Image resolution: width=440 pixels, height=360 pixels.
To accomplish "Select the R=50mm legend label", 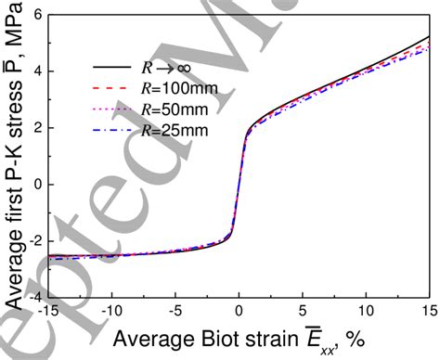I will pyautogui.click(x=175, y=109).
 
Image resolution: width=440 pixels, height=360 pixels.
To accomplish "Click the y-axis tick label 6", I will pyautogui.click(x=32, y=15).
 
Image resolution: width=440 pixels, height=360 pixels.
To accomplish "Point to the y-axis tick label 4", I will pyautogui.click(x=32, y=71).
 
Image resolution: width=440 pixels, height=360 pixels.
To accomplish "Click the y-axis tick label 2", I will pyautogui.click(x=32, y=128).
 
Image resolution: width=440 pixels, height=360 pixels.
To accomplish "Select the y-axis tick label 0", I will pyautogui.click(x=32, y=185).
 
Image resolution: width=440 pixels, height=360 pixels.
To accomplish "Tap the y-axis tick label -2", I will pyautogui.click(x=29, y=241).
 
